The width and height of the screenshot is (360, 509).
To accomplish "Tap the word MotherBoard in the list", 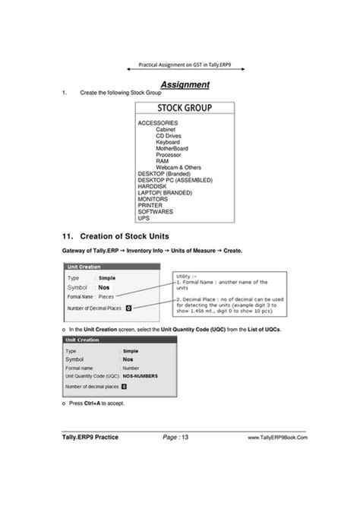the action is [173, 148].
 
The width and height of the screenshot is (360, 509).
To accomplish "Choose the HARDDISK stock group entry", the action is [153, 186].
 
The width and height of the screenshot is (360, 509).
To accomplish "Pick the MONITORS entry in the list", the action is [153, 198].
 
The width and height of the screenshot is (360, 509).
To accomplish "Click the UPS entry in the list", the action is [144, 217].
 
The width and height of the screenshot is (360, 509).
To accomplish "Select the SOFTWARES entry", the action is [156, 211].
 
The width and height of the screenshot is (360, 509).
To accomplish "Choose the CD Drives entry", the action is [169, 135].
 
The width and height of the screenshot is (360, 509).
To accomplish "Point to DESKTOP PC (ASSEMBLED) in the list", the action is [175, 180].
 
